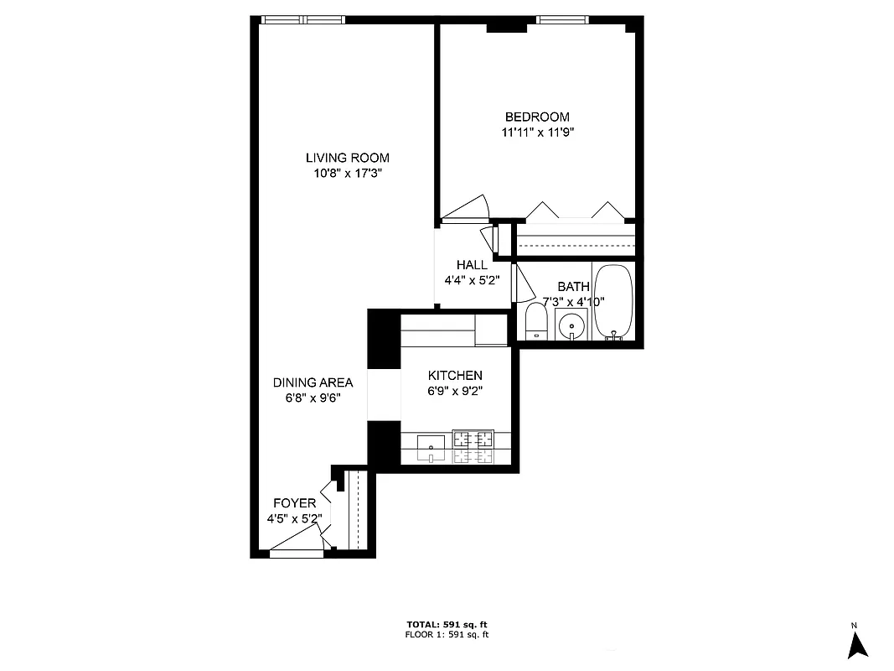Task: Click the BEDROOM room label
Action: tap(536, 117)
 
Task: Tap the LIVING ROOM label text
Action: tap(347, 158)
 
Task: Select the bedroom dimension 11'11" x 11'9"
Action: tap(536, 132)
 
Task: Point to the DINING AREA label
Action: tap(313, 382)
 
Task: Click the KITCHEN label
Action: tap(455, 375)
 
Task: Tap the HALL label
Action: tap(472, 265)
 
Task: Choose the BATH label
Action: tap(573, 287)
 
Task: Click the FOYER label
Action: tap(294, 502)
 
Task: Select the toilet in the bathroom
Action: tap(536, 322)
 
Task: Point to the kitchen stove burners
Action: tap(473, 446)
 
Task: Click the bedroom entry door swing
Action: tap(466, 209)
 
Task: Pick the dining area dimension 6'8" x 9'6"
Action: tap(313, 398)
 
